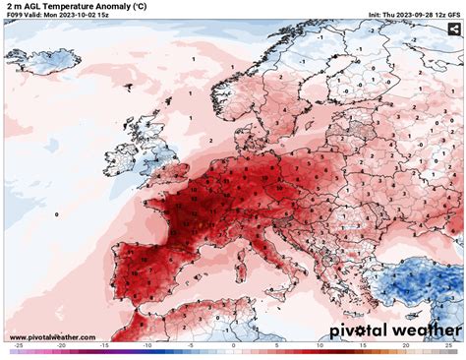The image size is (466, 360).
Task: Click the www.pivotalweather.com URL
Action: [x=48, y=336]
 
